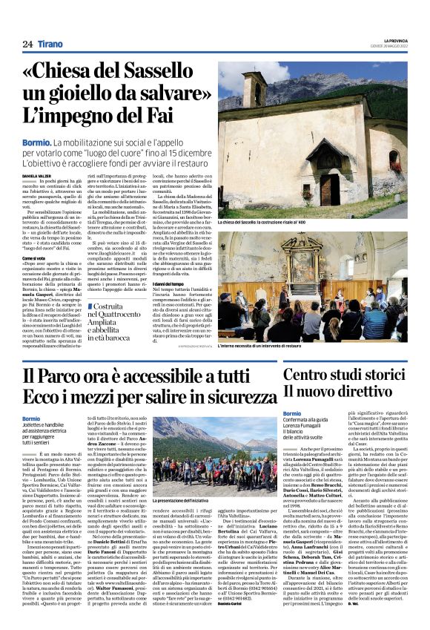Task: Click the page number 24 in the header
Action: pos(27,44)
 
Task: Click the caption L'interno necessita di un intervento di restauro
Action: pos(259,345)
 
